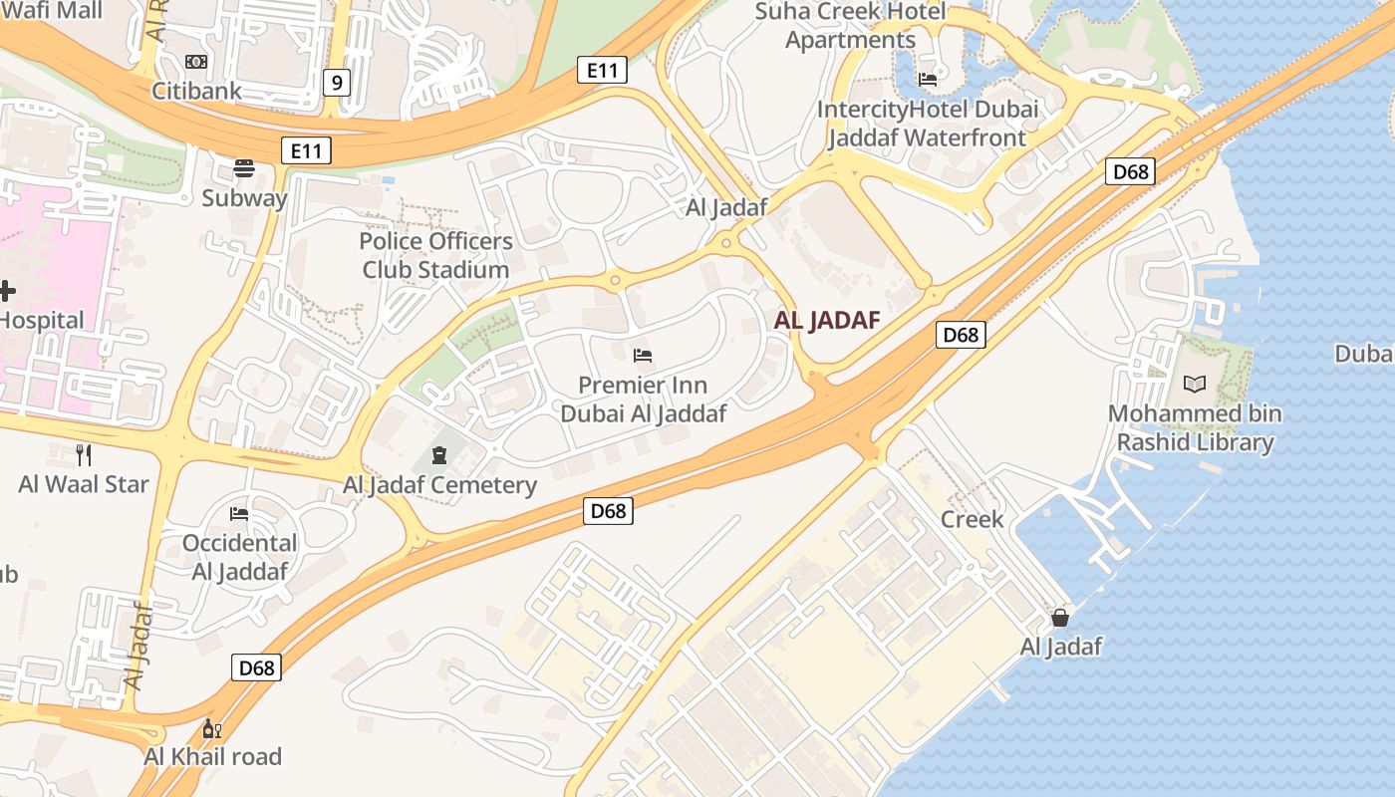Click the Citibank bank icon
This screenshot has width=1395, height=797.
click(x=196, y=62)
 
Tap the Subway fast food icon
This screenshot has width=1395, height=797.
click(x=244, y=166)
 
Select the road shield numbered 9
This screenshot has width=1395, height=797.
click(x=337, y=83)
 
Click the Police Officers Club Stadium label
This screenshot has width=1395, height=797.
click(x=436, y=255)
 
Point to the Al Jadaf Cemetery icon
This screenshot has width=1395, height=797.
click(x=438, y=456)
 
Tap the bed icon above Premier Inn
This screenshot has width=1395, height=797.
click(x=643, y=355)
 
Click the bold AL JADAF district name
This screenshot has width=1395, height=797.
click(x=827, y=320)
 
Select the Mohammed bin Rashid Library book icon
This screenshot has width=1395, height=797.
click(x=1194, y=384)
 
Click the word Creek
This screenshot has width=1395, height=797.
click(x=973, y=519)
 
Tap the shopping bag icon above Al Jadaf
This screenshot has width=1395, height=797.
click(x=1060, y=618)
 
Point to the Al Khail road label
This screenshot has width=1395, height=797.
click(x=213, y=756)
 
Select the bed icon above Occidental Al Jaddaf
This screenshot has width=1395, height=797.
click(x=239, y=514)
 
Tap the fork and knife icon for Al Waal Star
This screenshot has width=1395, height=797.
click(x=84, y=455)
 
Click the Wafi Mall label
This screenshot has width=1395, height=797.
click(x=52, y=11)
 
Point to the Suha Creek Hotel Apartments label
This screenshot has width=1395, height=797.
click(x=850, y=26)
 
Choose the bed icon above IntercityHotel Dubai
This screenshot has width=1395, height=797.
click(x=928, y=80)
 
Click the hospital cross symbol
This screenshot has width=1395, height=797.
click(x=6, y=291)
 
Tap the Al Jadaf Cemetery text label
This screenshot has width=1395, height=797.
click(x=439, y=485)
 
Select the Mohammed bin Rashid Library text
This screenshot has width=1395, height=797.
click(x=1195, y=427)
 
